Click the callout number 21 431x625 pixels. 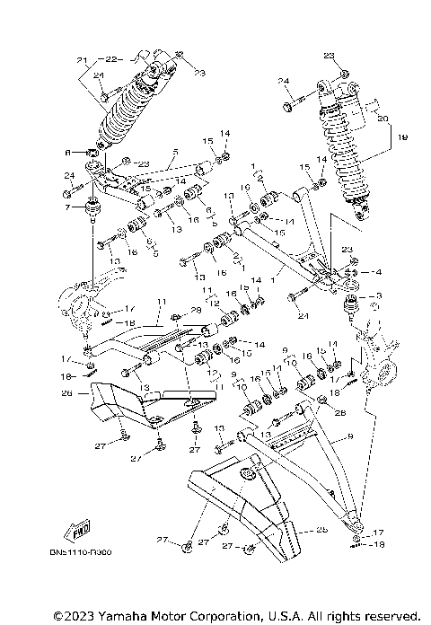click(x=80, y=61)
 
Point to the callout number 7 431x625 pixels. click(x=66, y=207)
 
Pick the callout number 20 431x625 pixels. click(x=383, y=119)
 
